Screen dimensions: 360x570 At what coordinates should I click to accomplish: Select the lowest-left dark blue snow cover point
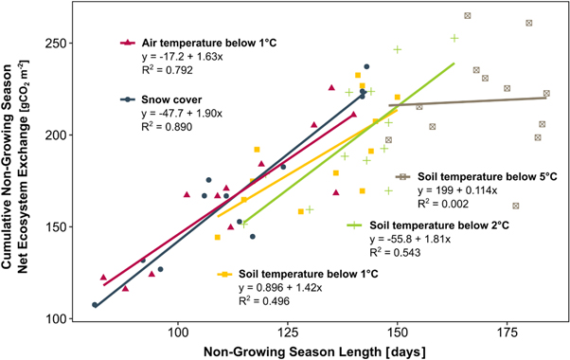[95, 305]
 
